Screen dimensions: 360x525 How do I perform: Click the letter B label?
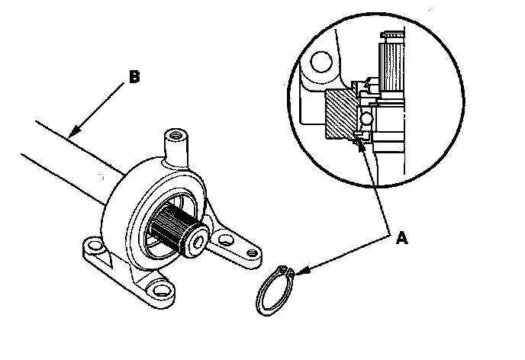click(134, 76)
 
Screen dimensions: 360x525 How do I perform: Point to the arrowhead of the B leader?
click(69, 136)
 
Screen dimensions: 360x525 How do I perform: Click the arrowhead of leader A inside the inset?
click(358, 140)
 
